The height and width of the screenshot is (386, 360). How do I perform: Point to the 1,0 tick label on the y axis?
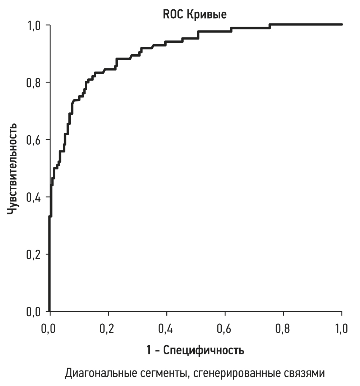34,26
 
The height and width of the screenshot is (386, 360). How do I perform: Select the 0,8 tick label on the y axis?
34,83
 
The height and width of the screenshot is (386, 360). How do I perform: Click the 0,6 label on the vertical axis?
34,140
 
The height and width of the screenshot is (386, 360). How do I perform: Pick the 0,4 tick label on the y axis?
34,197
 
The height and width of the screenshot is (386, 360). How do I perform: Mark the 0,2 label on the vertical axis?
34,254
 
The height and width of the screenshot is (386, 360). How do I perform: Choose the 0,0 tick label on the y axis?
34,312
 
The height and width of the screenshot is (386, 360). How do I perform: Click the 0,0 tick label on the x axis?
50,328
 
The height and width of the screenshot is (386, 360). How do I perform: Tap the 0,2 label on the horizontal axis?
108,328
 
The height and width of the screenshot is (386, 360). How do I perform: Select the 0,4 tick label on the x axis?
166,328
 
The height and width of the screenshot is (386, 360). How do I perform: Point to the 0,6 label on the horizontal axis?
225,328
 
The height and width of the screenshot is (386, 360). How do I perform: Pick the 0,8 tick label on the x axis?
283,328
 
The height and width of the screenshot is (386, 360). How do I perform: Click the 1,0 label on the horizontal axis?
341,328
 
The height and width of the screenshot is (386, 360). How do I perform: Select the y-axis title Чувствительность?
12,168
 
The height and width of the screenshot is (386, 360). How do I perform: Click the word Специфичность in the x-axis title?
204,350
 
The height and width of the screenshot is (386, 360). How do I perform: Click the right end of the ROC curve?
341,24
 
